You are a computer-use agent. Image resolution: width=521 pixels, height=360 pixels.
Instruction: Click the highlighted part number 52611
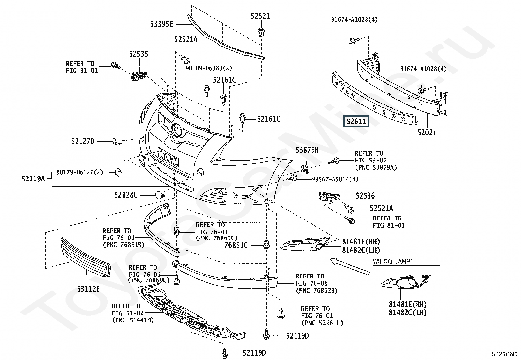356,122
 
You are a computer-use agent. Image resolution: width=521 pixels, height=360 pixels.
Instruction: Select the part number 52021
426,132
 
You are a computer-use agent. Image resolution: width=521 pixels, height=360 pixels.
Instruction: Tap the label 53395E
162,24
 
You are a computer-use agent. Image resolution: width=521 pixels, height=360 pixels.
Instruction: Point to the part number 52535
138,54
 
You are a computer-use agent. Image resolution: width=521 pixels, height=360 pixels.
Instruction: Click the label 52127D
82,141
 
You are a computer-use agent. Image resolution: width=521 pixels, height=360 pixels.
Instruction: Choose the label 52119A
33,179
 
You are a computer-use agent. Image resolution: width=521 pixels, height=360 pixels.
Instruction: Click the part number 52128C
126,195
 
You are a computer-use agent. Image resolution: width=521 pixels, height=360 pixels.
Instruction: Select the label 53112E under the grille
88,289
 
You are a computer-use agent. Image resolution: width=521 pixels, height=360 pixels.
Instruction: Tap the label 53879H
307,150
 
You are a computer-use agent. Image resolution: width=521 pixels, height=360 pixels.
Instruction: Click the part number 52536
365,196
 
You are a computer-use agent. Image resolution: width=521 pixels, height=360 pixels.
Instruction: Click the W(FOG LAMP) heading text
392,261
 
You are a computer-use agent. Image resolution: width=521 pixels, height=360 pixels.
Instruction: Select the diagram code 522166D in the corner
504,354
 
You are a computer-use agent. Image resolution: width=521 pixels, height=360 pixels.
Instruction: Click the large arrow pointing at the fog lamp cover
349,265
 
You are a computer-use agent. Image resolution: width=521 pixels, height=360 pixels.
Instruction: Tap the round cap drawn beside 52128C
159,195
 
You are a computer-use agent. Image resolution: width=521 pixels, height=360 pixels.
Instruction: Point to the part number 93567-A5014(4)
335,179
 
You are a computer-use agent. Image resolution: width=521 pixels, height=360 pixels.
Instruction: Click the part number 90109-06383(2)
208,68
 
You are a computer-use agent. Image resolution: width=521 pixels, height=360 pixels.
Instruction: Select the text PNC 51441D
133,320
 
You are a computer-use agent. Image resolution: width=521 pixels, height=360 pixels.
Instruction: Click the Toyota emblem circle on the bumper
177,130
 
